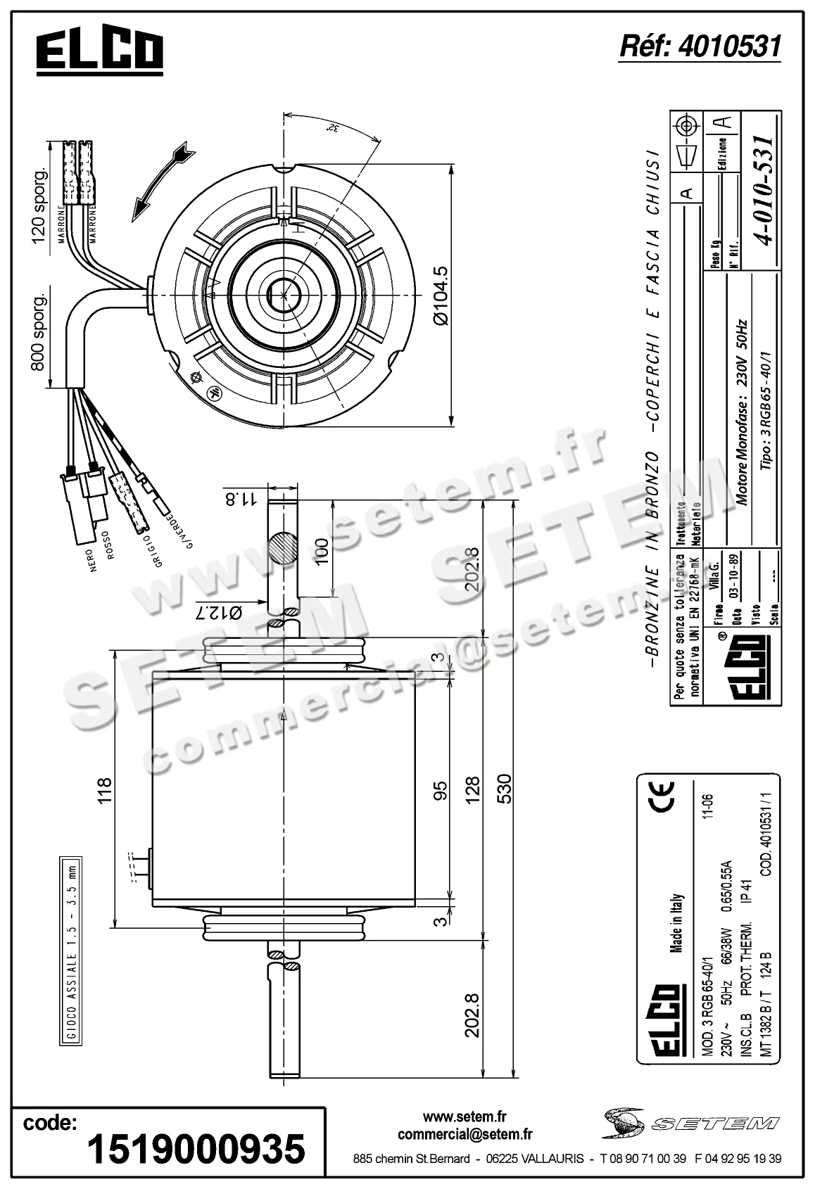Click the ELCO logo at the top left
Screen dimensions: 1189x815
[x=100, y=51]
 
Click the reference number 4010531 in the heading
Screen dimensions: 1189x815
[x=700, y=46]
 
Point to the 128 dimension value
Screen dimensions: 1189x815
[x=472, y=789]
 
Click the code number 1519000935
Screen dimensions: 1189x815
[x=196, y=1149]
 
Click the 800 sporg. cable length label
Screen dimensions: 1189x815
[x=39, y=331]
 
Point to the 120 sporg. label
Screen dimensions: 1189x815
[x=39, y=205]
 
